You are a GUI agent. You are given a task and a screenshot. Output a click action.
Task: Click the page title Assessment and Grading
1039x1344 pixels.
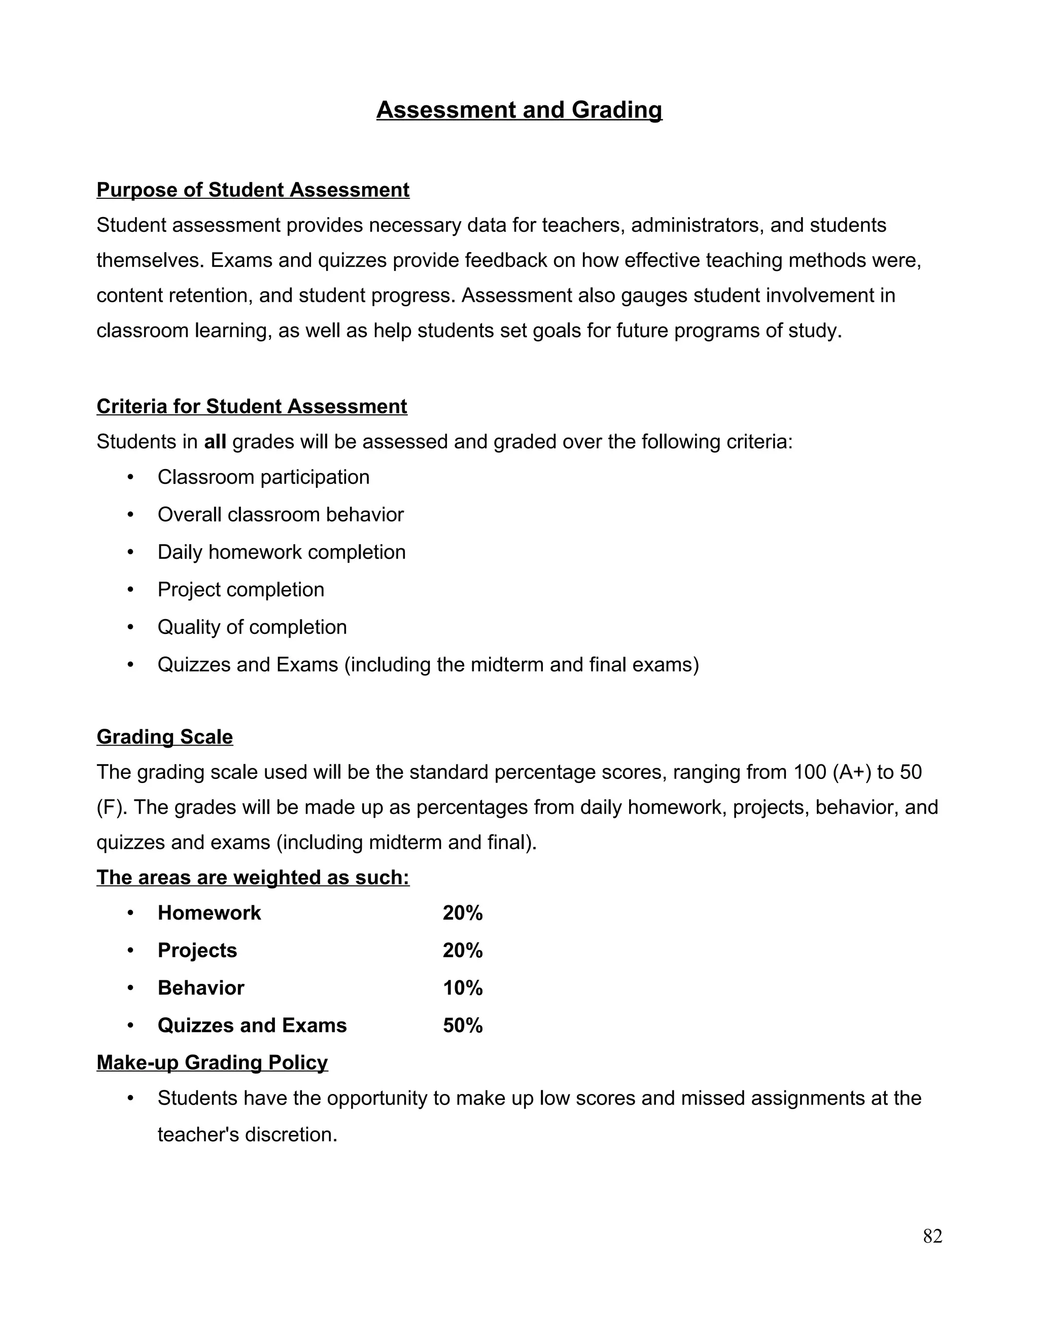tap(519, 110)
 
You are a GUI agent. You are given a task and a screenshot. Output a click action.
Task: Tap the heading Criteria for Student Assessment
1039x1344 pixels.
tap(252, 406)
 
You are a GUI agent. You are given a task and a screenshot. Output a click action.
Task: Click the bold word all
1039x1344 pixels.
tap(215, 442)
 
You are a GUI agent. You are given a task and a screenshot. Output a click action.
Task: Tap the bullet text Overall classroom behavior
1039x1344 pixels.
tap(280, 514)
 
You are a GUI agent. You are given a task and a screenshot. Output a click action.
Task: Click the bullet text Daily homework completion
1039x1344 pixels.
tap(281, 552)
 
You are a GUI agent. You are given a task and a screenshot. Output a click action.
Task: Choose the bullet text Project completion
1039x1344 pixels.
tap(240, 589)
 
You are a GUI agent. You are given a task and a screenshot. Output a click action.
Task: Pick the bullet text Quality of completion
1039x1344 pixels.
tap(252, 627)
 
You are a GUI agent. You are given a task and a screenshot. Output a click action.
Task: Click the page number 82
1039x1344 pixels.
tap(932, 1235)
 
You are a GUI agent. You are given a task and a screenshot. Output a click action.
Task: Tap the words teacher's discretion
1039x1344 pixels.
tap(248, 1134)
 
